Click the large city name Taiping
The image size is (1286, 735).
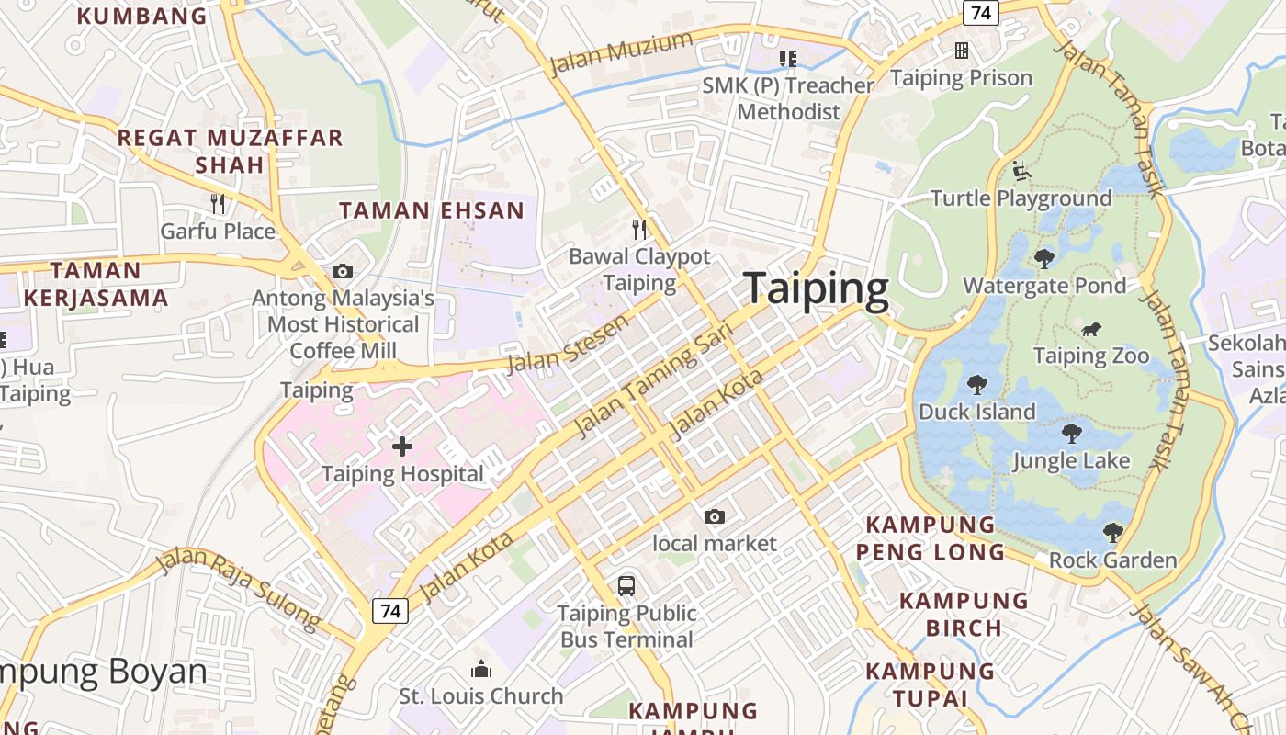click(816, 288)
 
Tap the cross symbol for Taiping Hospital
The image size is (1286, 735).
click(402, 447)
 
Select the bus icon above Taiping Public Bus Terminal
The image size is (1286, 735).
click(626, 585)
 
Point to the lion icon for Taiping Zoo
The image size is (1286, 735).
click(1091, 330)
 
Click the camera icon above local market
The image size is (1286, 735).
click(714, 517)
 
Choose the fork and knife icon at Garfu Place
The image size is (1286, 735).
click(218, 203)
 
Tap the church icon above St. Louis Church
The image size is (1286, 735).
click(480, 670)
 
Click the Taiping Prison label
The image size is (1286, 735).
click(961, 78)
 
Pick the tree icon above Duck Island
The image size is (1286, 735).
click(976, 385)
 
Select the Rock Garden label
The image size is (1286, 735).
click(1112, 560)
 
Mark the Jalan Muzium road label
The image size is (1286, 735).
click(620, 53)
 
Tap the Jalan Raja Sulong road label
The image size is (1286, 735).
click(238, 589)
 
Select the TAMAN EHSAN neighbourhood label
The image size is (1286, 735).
click(432, 210)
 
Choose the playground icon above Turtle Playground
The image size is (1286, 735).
click(1021, 171)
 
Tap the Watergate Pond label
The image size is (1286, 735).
click(1043, 286)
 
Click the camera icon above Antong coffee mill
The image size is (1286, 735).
click(343, 271)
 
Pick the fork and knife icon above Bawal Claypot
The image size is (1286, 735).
click(639, 229)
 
